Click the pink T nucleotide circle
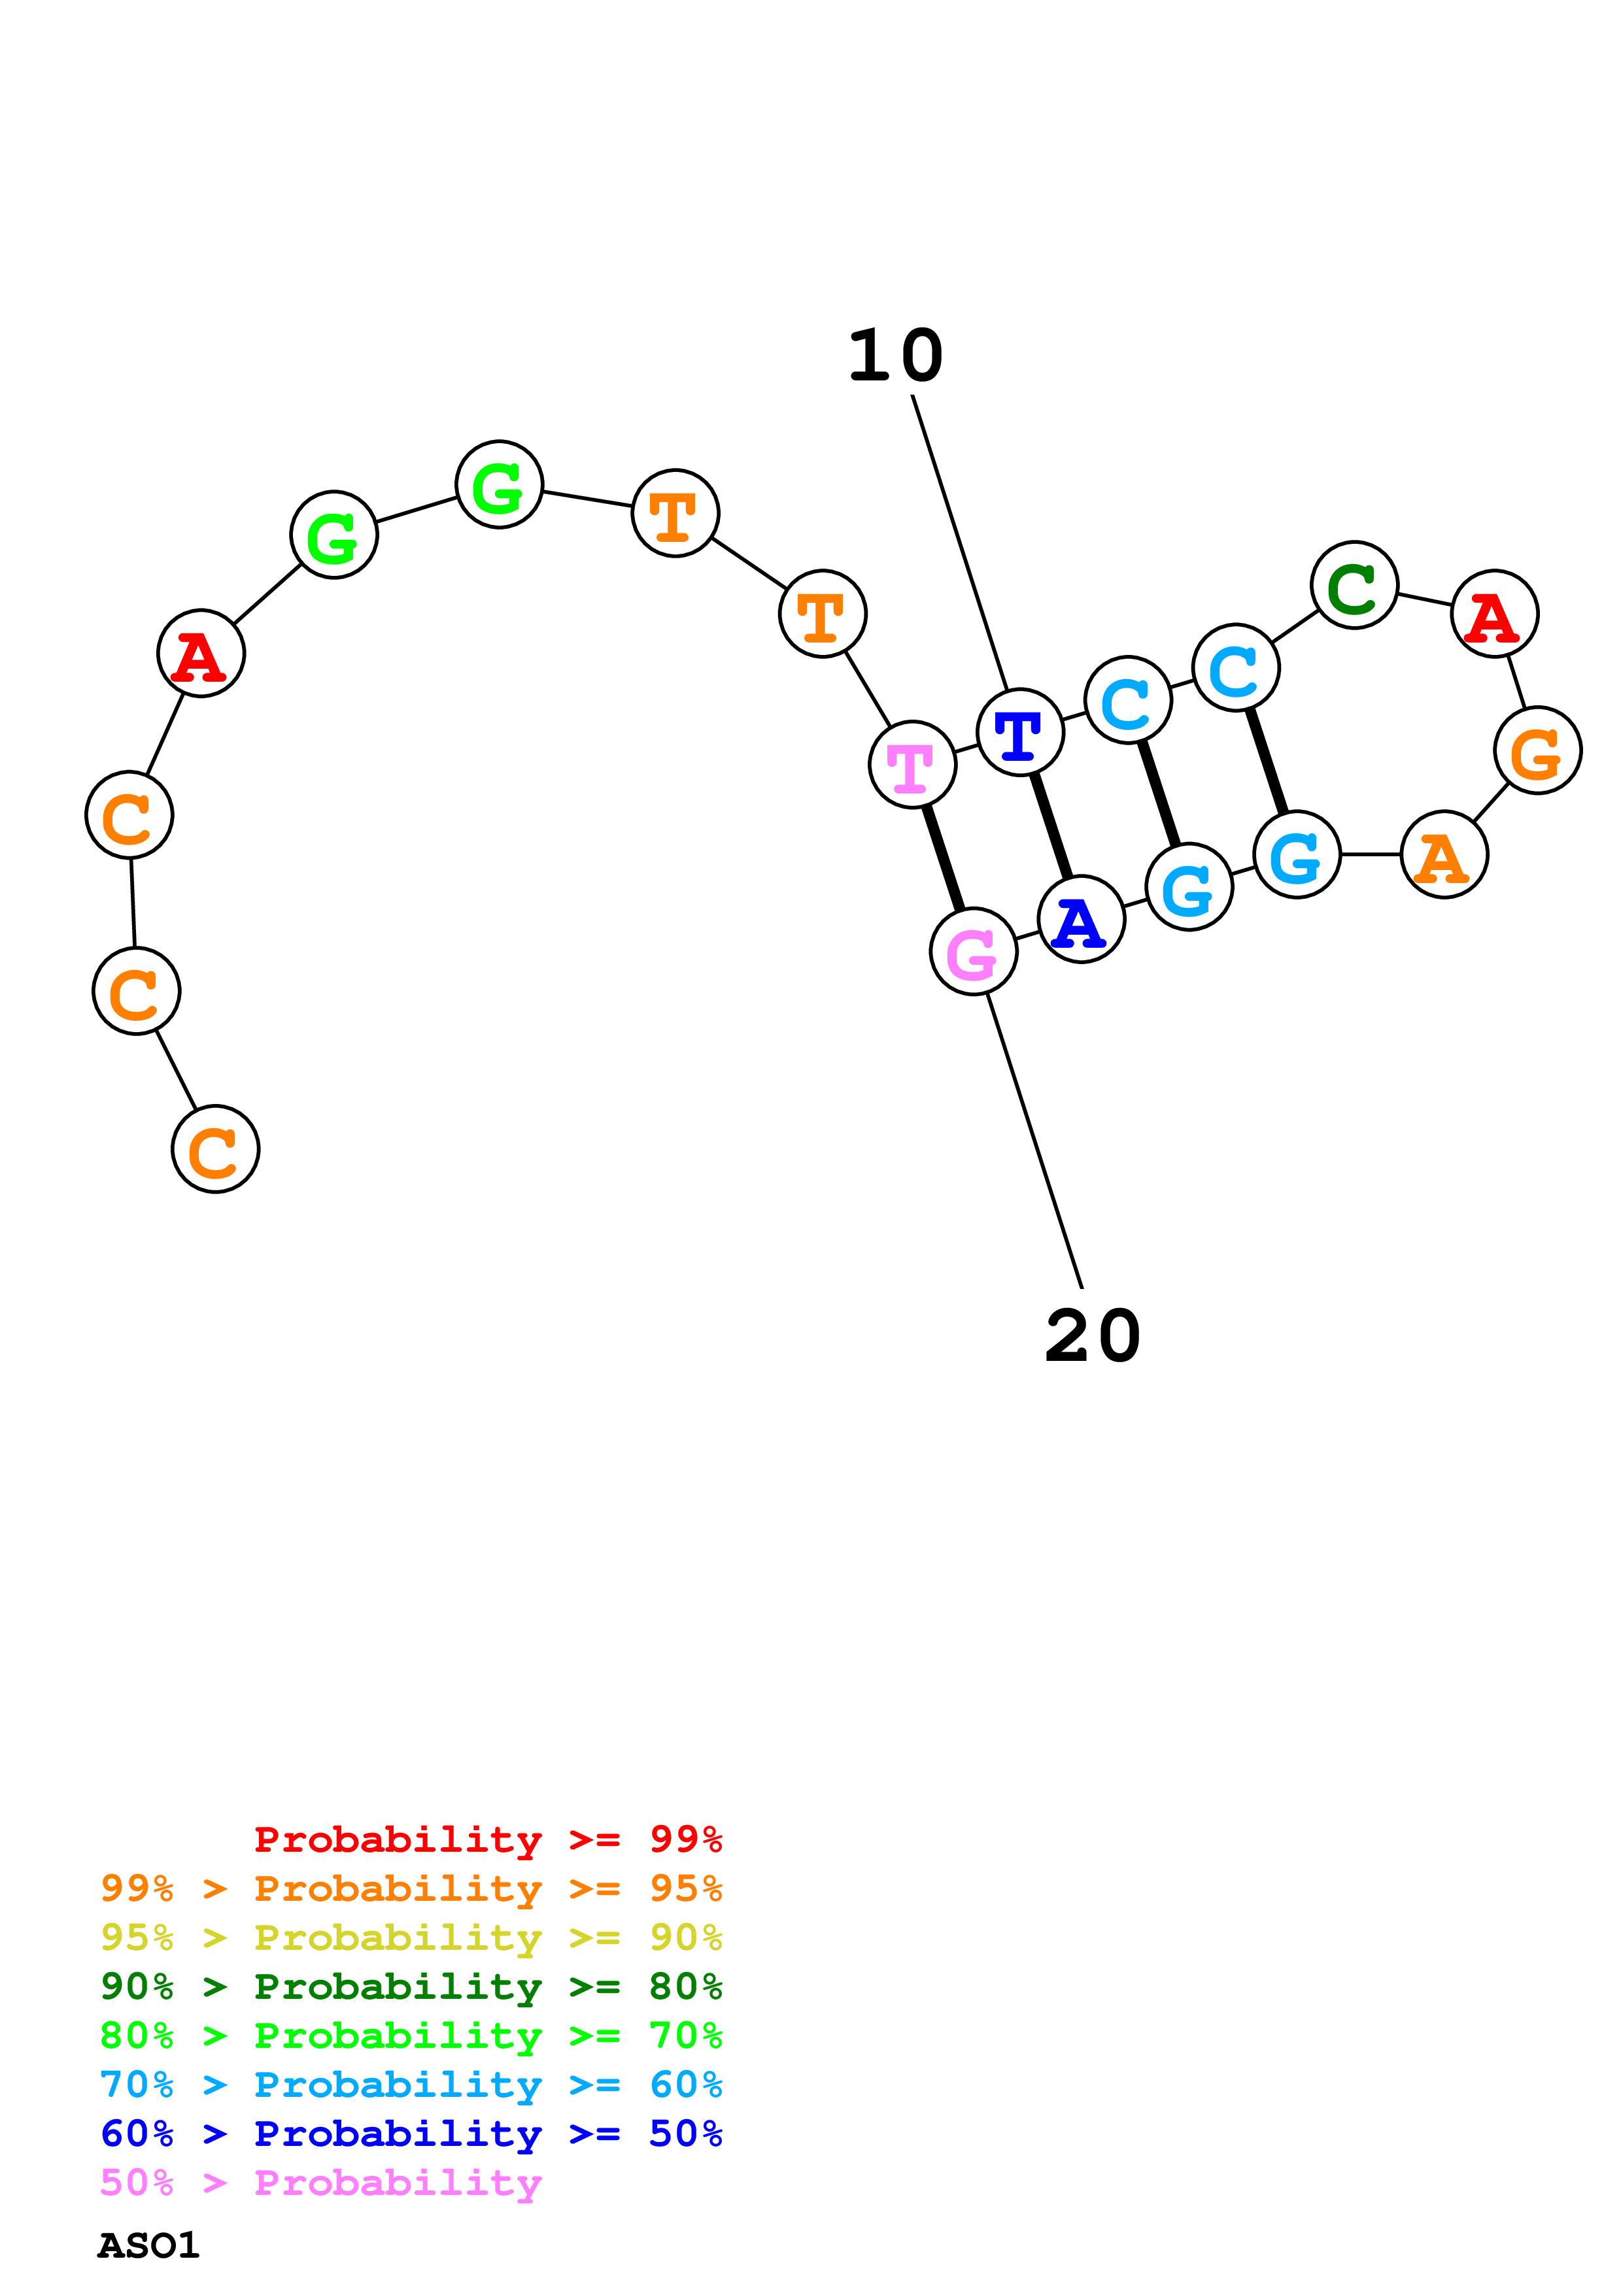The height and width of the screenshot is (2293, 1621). pyautogui.click(x=912, y=764)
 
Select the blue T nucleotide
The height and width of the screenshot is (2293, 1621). pyautogui.click(x=1019, y=732)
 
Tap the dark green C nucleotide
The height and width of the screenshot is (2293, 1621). pyautogui.click(x=1354, y=585)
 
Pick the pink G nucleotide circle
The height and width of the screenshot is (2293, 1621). pyautogui.click(x=973, y=951)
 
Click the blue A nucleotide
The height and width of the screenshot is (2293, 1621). pyautogui.click(x=1081, y=919)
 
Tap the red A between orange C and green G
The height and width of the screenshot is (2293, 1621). pyautogui.click(x=201, y=652)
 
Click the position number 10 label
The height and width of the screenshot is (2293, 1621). pyautogui.click(x=895, y=356)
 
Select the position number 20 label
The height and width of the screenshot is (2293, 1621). pyautogui.click(x=1093, y=1336)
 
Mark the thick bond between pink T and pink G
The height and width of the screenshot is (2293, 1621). pyautogui.click(x=943, y=858)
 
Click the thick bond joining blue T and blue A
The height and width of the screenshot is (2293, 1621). pyautogui.click(x=1051, y=826)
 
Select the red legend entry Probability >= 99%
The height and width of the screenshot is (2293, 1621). pyautogui.click(x=487, y=1839)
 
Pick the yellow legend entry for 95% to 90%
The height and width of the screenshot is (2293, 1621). pyautogui.click(x=411, y=1937)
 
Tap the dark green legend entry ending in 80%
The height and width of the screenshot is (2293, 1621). pyautogui.click(x=411, y=1986)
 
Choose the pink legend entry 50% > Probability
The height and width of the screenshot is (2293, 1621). pyautogui.click(x=320, y=2182)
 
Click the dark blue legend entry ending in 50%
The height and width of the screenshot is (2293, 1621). pyautogui.click(x=411, y=2134)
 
